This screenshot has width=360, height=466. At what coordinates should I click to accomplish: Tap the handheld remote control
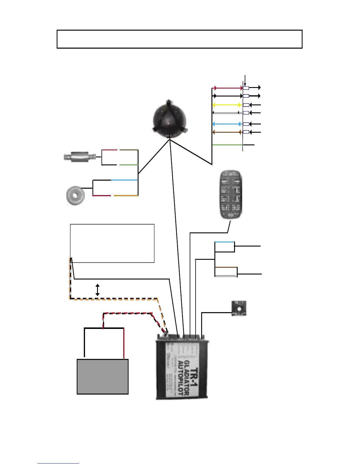point(231,194)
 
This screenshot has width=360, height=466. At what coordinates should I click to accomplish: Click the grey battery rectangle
point(103,377)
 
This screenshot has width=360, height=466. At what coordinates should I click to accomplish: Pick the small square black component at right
point(239,308)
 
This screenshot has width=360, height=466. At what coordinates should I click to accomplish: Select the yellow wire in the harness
point(226,105)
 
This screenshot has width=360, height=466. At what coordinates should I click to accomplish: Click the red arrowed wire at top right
point(228,88)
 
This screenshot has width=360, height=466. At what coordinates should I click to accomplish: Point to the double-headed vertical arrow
point(98,290)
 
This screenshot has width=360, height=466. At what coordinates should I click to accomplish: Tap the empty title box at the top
point(179,39)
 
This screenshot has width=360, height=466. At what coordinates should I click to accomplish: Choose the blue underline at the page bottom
point(58,463)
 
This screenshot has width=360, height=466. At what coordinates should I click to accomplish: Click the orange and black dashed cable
point(112,299)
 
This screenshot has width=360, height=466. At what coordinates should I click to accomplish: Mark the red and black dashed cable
point(126,314)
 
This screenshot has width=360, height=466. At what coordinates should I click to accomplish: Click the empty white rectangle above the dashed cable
point(112,243)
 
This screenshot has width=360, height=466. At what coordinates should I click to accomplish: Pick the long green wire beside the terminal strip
point(227,145)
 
